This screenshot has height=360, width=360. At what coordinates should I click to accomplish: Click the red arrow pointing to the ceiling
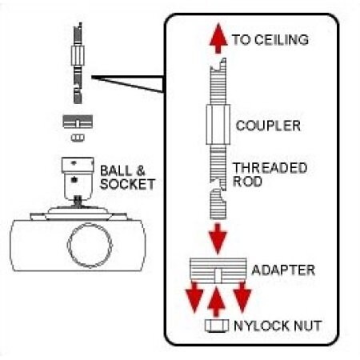(x=214, y=40)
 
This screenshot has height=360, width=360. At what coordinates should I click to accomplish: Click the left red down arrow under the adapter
(x=192, y=300)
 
